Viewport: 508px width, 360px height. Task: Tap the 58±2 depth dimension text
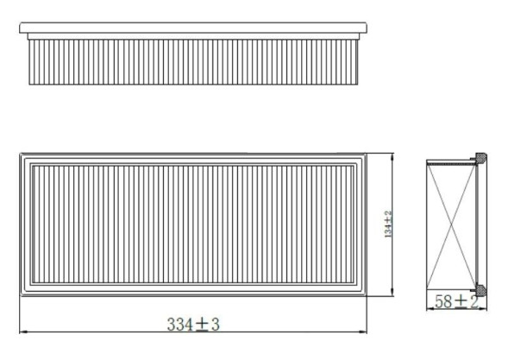tap(455, 301)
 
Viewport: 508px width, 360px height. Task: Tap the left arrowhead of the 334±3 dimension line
tap(22, 332)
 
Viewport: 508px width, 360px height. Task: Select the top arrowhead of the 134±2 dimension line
tap(393, 156)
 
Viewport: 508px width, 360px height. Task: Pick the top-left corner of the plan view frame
tap(21, 154)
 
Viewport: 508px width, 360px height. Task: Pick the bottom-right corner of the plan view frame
tap(367, 295)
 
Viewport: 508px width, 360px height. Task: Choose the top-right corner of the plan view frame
tap(367, 154)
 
